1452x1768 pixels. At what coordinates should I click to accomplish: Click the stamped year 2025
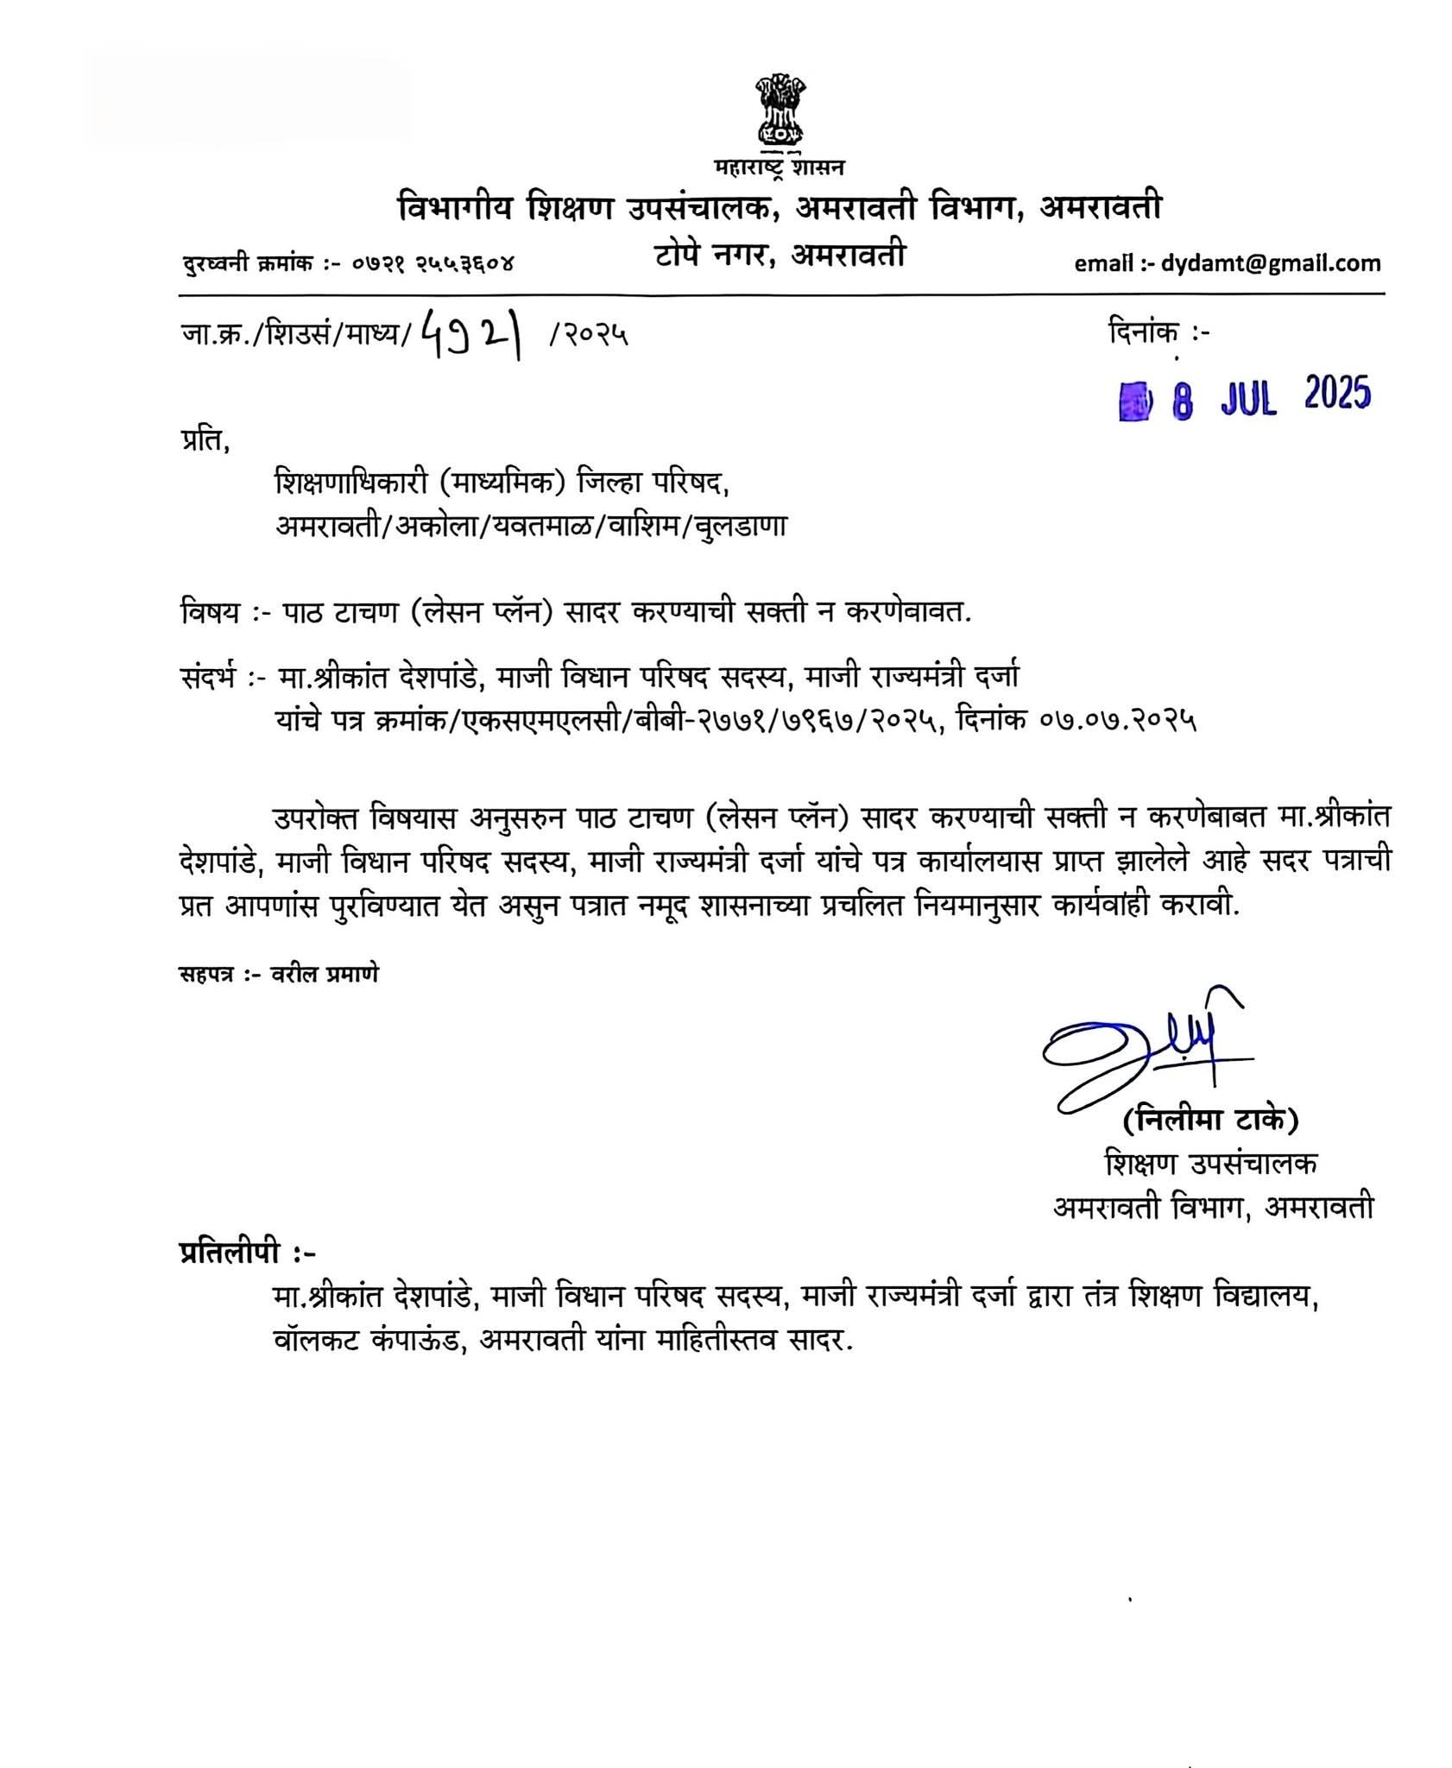tap(1337, 395)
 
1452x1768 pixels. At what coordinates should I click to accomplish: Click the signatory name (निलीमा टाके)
tap(1210, 1121)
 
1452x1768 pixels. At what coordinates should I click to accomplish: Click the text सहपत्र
tap(204, 976)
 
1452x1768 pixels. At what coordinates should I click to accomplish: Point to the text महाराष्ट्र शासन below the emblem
tap(780, 167)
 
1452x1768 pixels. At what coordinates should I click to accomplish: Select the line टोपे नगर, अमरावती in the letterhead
tap(779, 254)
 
